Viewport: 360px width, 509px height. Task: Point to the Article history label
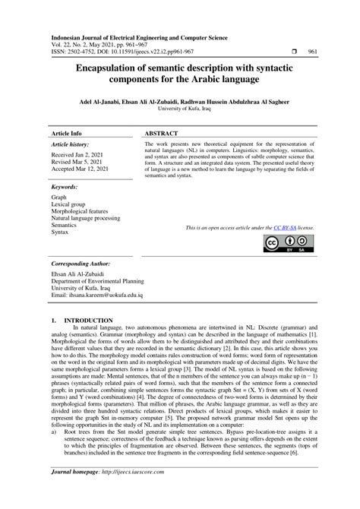[69, 143]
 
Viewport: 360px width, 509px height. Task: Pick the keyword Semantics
[65, 225]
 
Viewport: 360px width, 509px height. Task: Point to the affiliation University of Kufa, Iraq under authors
[180, 109]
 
